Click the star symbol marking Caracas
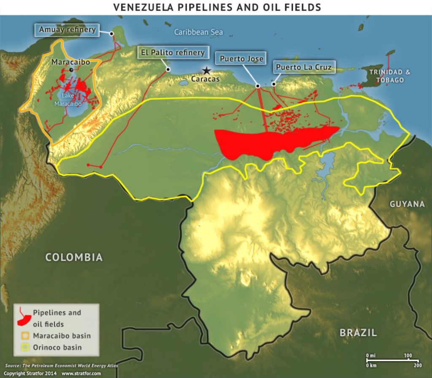point(206,71)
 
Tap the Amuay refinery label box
point(67,30)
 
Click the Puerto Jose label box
point(242,59)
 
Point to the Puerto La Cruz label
point(303,67)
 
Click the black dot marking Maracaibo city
point(71,69)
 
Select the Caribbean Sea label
point(198,32)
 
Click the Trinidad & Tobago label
point(389,76)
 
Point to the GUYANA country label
point(407,204)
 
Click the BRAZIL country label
point(358,333)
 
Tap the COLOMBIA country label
point(74,257)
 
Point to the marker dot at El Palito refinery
point(168,69)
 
